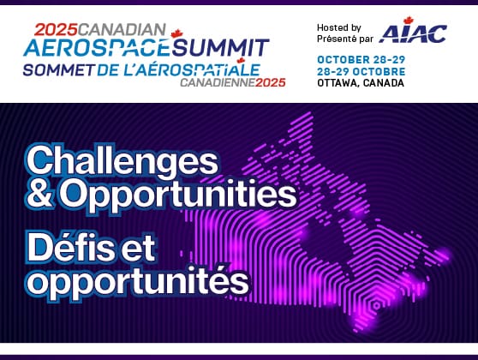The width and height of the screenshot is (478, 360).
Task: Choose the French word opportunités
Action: pyautogui.click(x=137, y=279)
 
